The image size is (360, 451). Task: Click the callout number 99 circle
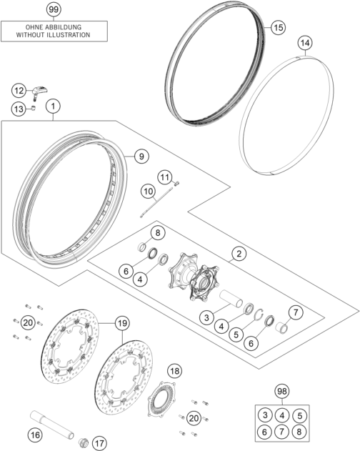tap(54, 9)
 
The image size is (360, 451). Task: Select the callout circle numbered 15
tap(278, 28)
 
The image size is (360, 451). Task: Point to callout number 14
tap(305, 43)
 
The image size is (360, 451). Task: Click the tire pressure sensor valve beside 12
tap(39, 92)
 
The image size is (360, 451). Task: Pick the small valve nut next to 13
tap(34, 109)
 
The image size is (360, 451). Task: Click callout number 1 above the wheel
tap(53, 106)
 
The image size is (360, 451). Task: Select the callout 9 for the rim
tap(141, 157)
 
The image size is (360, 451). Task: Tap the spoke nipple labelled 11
tap(176, 183)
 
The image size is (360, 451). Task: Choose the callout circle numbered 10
tap(148, 192)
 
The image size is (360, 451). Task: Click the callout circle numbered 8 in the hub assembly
tap(158, 232)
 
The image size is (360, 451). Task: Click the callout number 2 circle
tap(239, 254)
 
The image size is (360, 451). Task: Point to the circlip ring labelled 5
tap(260, 314)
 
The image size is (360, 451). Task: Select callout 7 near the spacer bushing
tap(296, 312)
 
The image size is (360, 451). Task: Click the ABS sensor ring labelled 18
tap(161, 400)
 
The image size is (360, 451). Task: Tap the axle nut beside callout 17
tap(84, 442)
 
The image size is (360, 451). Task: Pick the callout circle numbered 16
tap(36, 435)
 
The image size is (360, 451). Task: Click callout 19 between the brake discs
tap(122, 323)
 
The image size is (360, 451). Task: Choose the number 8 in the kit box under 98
tap(299, 432)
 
